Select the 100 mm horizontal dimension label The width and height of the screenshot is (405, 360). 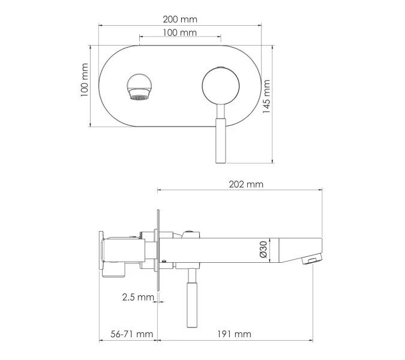click(179, 33)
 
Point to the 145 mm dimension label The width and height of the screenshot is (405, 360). click(267, 97)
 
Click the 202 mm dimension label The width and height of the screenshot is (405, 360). click(246, 184)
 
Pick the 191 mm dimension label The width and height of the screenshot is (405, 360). click(234, 334)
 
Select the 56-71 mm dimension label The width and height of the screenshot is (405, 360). click(127, 334)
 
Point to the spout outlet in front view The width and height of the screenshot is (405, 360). click(139, 87)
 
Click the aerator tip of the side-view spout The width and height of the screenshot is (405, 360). click(310, 260)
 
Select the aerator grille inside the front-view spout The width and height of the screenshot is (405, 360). click(139, 96)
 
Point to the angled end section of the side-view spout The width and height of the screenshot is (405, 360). click(297, 249)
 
